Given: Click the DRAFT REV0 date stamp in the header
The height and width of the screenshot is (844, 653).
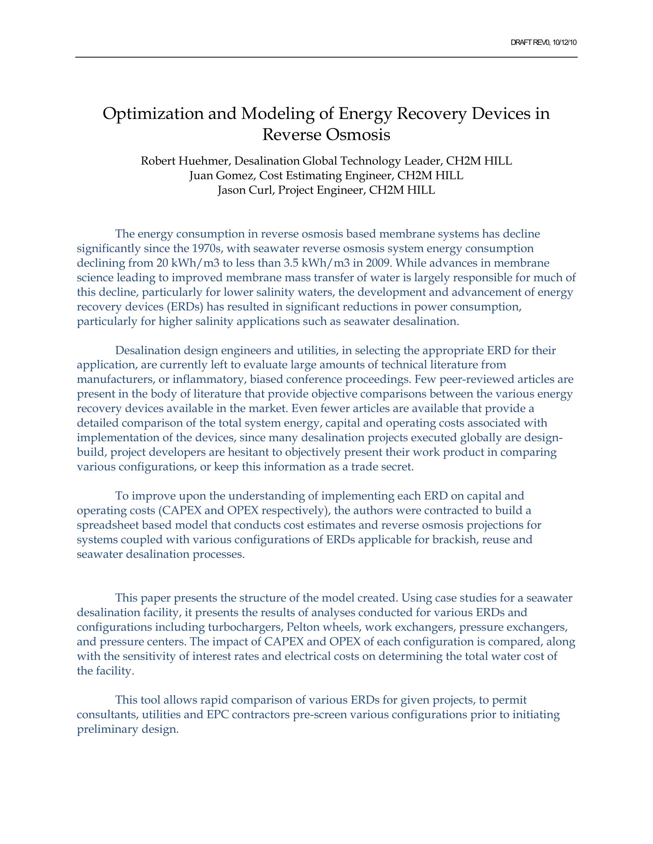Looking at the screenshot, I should click(x=544, y=43).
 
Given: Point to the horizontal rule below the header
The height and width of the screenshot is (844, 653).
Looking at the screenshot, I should click(x=326, y=58).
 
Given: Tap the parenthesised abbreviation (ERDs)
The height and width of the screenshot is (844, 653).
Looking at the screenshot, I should click(x=185, y=307).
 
